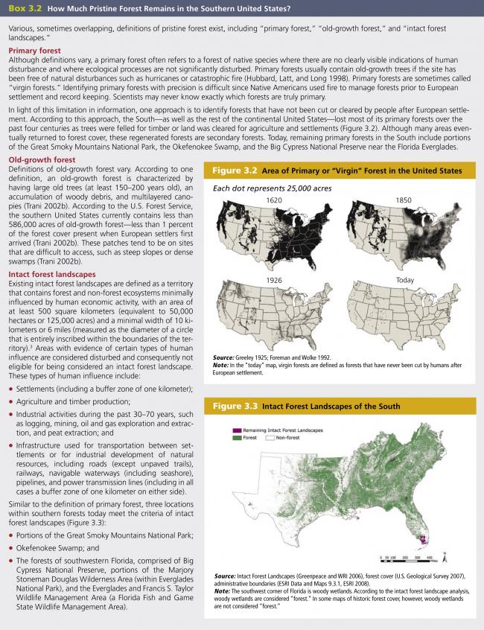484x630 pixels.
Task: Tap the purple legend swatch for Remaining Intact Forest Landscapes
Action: [x=238, y=431]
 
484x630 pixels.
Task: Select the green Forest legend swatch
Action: [x=238, y=438]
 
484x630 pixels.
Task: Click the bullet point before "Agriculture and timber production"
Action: [x=11, y=401]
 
